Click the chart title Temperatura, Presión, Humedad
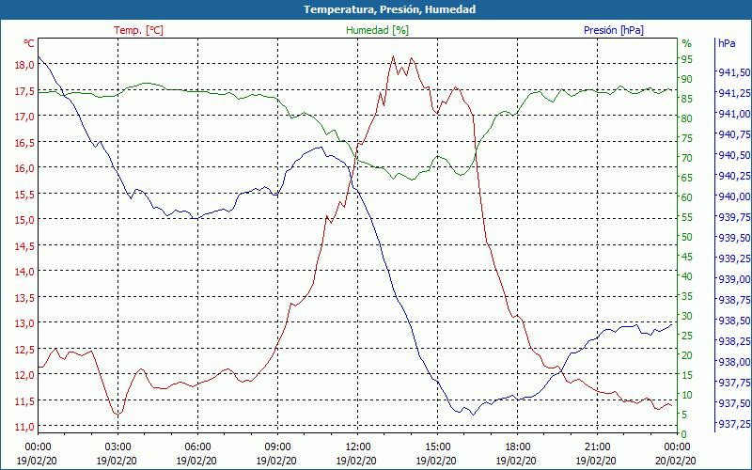point(376,9)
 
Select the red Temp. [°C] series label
point(138,30)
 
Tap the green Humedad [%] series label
point(377,30)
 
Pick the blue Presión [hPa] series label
point(613,30)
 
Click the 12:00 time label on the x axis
point(358,446)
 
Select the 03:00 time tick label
point(117,446)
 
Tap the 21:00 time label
point(598,446)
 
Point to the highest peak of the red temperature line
point(393,56)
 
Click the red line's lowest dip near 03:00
point(117,415)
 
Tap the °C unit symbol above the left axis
point(29,43)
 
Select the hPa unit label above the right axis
point(727,43)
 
